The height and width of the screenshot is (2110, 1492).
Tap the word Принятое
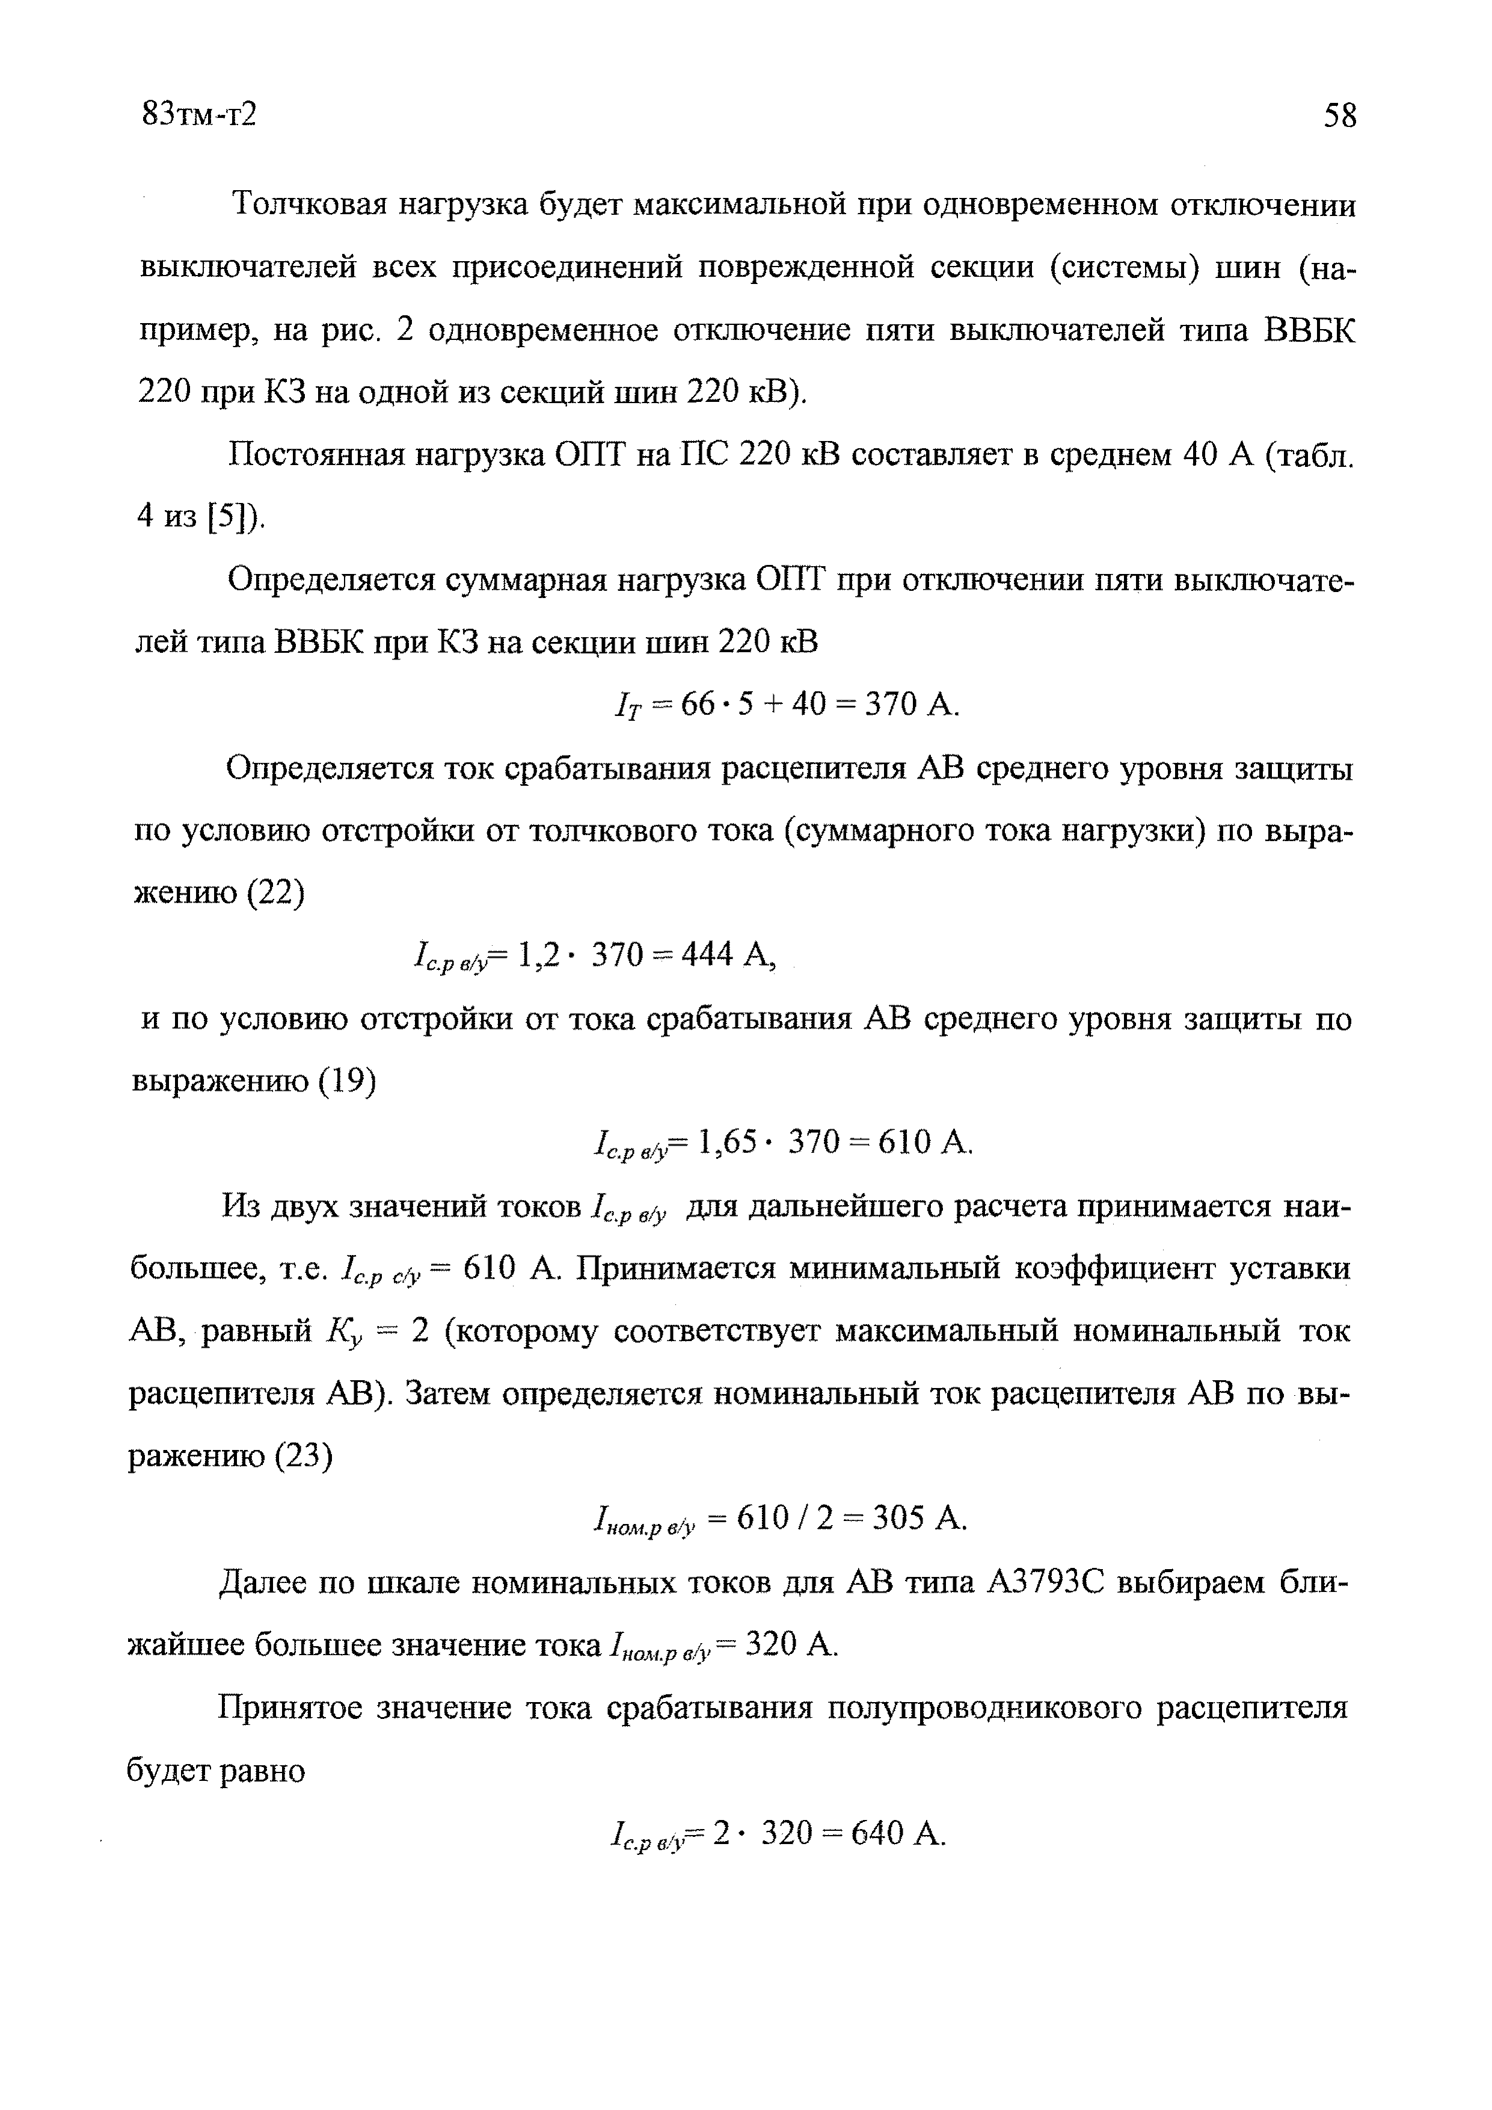[289, 1707]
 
